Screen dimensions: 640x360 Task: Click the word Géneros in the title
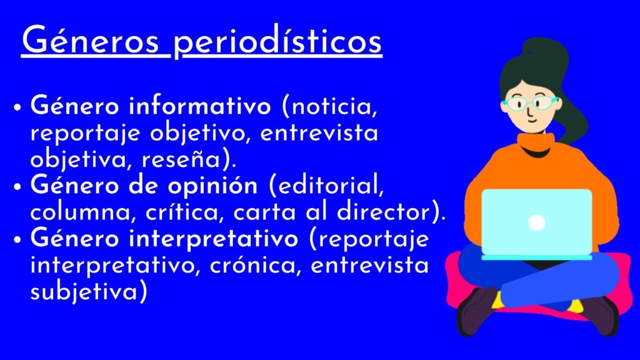(x=91, y=39)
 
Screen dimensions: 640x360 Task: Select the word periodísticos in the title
(x=277, y=42)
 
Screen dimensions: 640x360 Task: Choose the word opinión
(x=212, y=186)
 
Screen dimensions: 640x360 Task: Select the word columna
(x=81, y=212)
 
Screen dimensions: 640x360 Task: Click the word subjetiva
(x=84, y=292)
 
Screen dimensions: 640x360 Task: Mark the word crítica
(x=184, y=212)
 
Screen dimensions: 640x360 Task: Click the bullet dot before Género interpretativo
(x=17, y=240)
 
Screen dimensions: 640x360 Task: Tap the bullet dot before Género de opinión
(x=17, y=187)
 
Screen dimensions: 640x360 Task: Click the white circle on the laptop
(x=536, y=223)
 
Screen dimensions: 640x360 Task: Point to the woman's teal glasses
(x=530, y=102)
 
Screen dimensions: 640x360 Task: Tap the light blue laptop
(x=537, y=224)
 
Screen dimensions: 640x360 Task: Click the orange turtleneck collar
(x=536, y=143)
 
